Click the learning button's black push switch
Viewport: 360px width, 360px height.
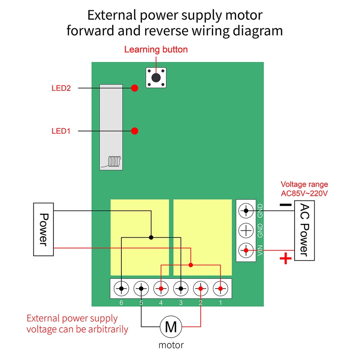(156, 78)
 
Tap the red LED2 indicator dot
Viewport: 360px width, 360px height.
(135, 88)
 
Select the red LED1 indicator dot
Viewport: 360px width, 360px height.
(135, 131)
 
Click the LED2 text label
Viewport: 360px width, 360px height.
(61, 88)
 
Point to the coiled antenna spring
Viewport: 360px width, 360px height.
(114, 161)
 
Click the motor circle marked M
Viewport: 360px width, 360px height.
(171, 326)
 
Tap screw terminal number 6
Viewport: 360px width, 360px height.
(121, 288)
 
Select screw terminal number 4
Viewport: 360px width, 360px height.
(161, 288)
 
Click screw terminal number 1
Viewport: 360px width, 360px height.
(220, 288)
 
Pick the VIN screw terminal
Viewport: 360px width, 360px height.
(246, 250)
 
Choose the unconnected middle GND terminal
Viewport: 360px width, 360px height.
(246, 230)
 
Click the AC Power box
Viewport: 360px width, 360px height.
(304, 230)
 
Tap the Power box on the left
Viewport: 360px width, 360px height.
(43, 229)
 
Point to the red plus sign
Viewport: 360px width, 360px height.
(286, 259)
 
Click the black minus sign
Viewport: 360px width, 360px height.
(286, 205)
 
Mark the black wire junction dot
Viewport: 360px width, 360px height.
(151, 237)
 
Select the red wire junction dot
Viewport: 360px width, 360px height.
(191, 265)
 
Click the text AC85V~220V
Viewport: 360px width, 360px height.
(304, 194)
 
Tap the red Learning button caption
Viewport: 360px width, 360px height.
(156, 49)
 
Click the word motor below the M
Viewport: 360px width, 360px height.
(171, 345)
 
